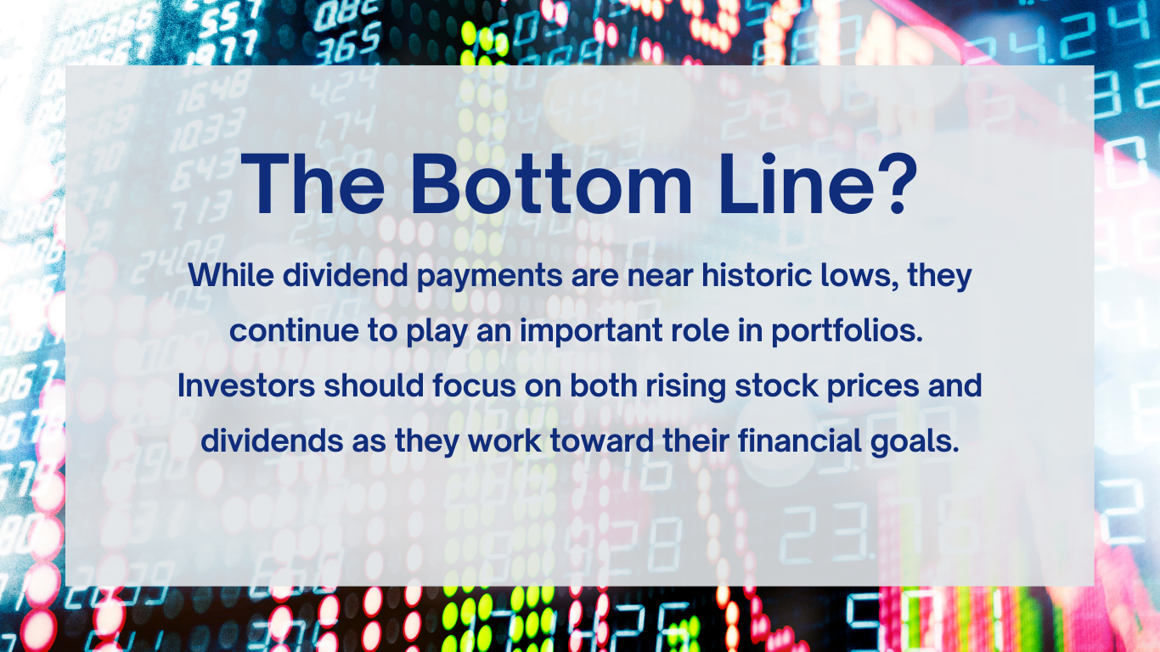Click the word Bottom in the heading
[x=551, y=184]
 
